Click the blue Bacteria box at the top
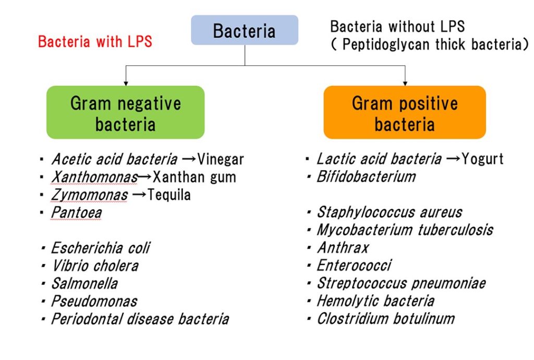(245, 30)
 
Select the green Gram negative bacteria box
(125, 112)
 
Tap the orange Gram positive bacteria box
(405, 112)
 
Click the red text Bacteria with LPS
(95, 42)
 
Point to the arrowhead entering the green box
(126, 83)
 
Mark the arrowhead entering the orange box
(405, 83)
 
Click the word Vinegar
(221, 160)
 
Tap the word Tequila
(169, 195)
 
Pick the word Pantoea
(76, 213)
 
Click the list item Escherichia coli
(101, 248)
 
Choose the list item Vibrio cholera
(95, 266)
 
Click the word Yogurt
(482, 159)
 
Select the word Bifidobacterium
(366, 177)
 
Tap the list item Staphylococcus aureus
(390, 212)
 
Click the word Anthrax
(343, 248)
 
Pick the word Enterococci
(354, 266)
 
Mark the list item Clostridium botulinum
(386, 319)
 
